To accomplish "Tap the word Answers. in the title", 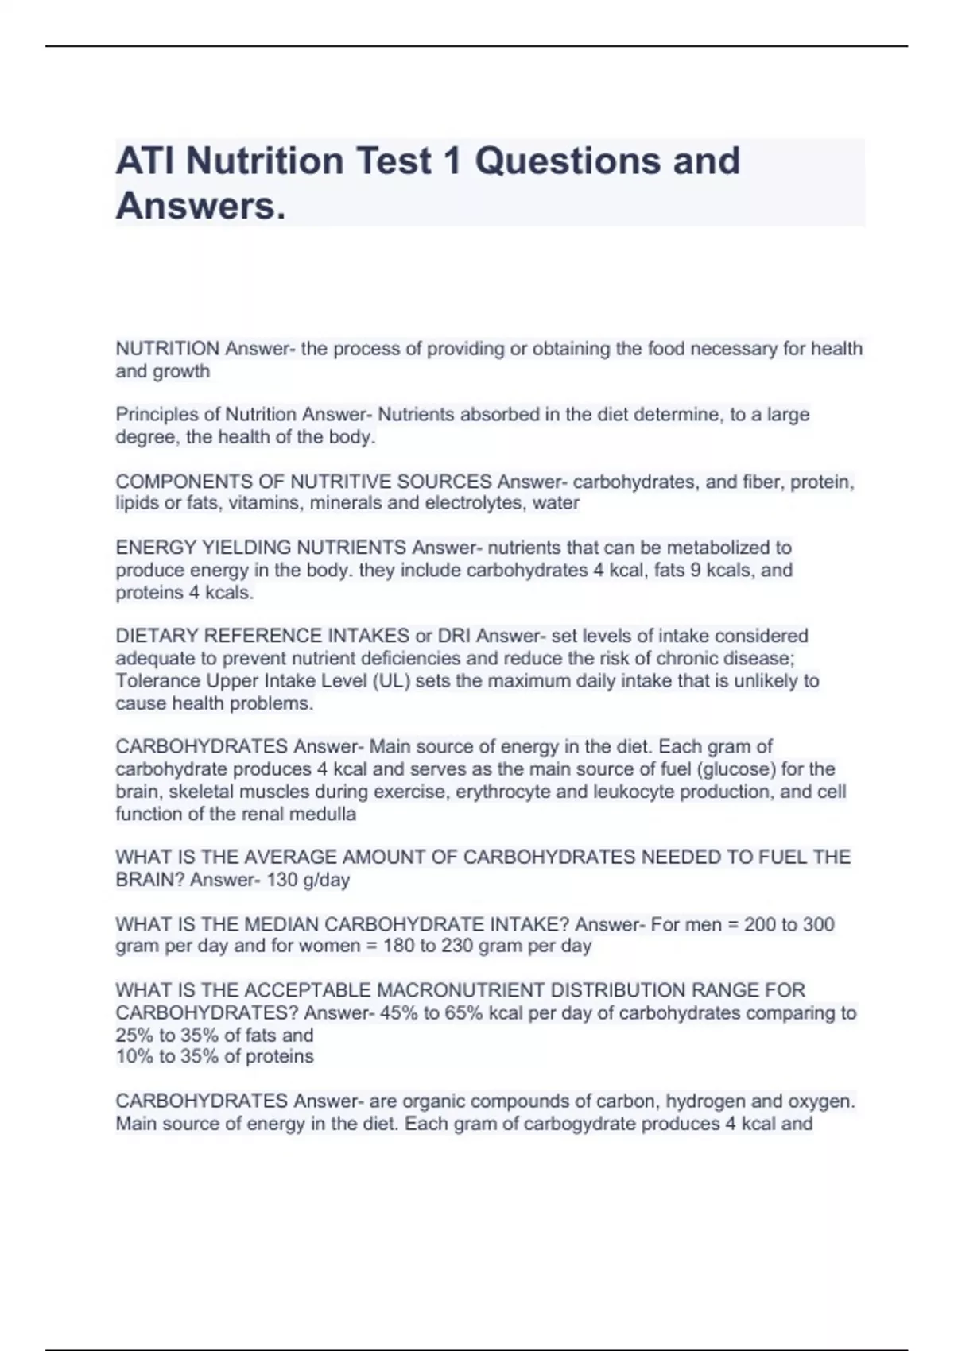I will [x=200, y=207].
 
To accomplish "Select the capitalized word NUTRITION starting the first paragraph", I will [x=168, y=349].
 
